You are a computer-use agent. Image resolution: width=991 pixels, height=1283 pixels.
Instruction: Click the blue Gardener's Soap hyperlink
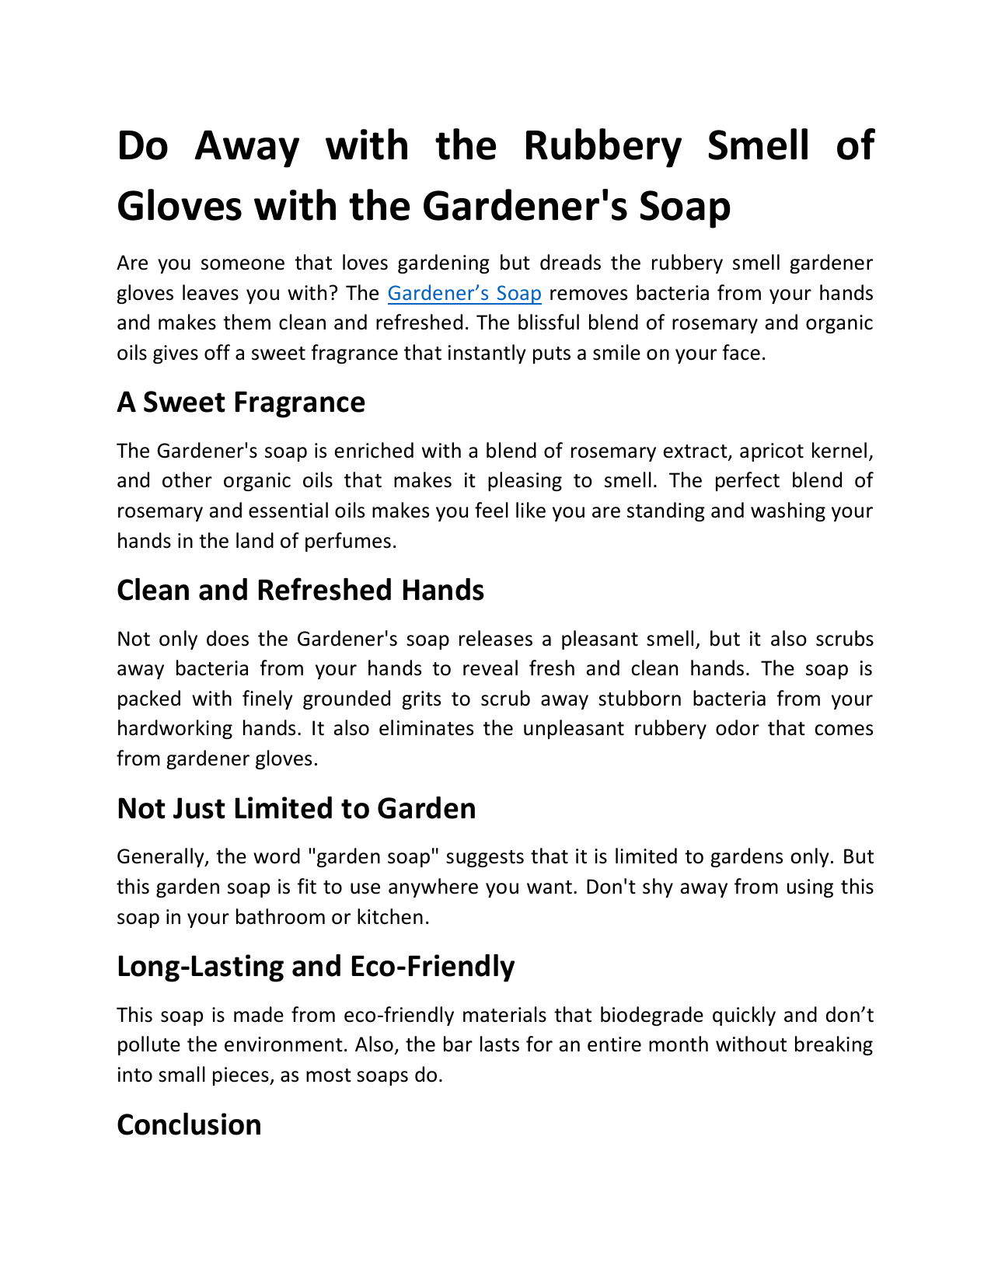tap(464, 294)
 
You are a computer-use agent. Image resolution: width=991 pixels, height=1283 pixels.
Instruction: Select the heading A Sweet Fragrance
tap(241, 403)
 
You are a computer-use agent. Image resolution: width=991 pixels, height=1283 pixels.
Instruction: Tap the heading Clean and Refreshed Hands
tap(300, 591)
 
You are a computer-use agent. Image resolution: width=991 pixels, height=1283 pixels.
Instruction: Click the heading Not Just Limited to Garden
tap(296, 809)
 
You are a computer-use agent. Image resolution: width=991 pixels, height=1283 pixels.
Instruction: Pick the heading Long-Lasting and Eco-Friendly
tap(316, 967)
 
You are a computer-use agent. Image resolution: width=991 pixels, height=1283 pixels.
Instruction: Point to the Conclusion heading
tap(189, 1125)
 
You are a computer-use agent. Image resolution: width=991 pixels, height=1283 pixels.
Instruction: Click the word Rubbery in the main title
tap(602, 146)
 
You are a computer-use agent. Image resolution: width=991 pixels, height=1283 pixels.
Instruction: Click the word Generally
tap(162, 857)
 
